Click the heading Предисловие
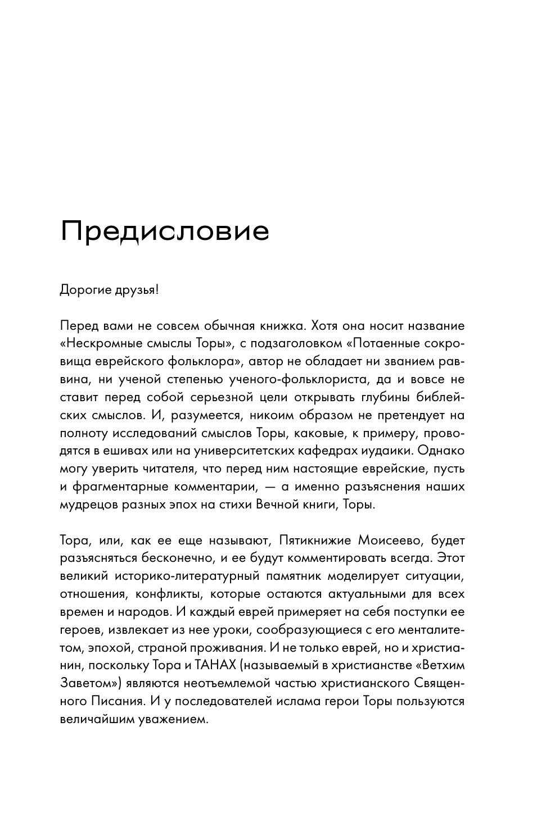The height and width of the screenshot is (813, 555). coord(165,231)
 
